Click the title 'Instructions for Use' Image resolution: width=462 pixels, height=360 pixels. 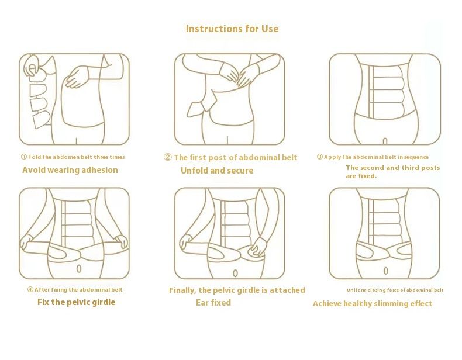pos(232,29)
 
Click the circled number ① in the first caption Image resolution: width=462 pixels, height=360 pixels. pos(24,157)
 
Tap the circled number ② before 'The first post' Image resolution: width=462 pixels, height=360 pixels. pos(167,157)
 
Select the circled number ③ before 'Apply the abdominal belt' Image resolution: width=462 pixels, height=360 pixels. pos(320,157)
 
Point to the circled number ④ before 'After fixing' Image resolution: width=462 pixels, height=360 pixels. pos(30,290)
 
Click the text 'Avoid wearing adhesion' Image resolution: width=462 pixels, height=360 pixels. pos(70,170)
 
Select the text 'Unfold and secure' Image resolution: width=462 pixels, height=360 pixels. pos(217,171)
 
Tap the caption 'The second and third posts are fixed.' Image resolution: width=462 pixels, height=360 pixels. pos(392,172)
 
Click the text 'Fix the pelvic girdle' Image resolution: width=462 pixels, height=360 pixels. pos(76,302)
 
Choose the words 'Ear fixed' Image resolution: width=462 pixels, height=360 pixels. pos(213,303)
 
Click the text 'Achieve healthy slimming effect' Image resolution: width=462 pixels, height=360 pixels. pos(373,303)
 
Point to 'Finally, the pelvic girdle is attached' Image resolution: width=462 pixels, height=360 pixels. pos(237,290)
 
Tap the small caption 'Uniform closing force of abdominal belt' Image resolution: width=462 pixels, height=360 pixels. pos(395,290)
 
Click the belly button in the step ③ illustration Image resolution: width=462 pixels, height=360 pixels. pos(385,141)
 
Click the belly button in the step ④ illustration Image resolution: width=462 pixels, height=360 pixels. pos(79,269)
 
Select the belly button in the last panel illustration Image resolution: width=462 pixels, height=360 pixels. pos(385,271)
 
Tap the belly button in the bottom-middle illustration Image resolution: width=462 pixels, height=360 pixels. pos(235,272)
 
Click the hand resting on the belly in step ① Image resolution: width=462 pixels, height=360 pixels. pos(77,77)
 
